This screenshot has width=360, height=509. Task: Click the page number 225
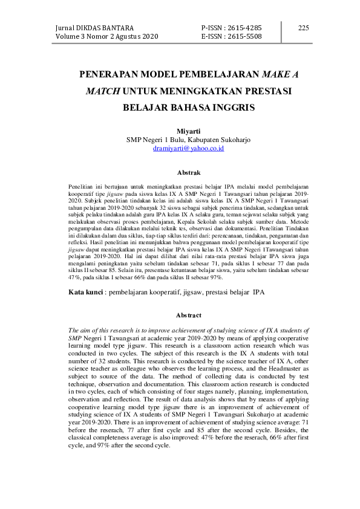click(x=303, y=28)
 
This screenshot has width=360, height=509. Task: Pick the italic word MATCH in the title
click(x=102, y=91)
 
